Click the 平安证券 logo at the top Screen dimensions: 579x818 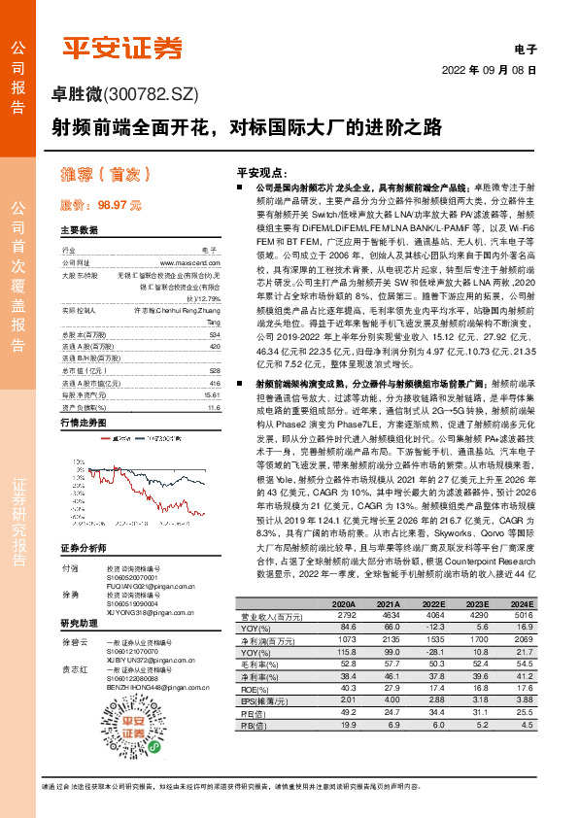coord(122,45)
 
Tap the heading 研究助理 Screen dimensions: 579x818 coord(79,623)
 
